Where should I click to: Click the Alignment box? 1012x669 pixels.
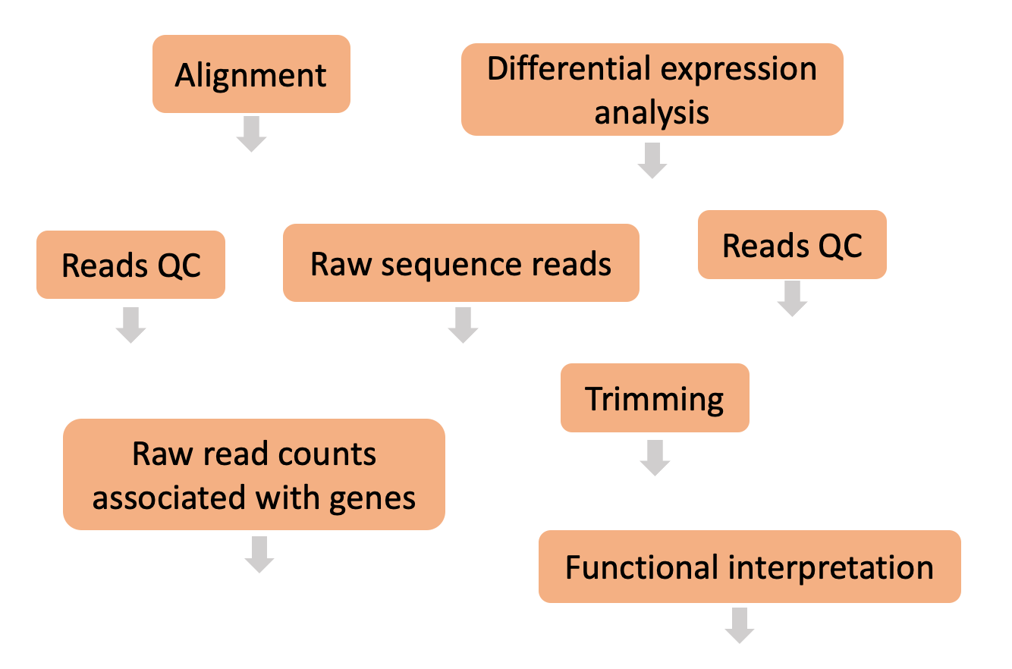pyautogui.click(x=251, y=74)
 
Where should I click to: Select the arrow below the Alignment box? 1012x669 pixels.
pyautogui.click(x=251, y=133)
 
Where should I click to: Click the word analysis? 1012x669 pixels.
pyautogui.click(x=652, y=112)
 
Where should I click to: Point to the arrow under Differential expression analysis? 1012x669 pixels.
pyautogui.click(x=652, y=160)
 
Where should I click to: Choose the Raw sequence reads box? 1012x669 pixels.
pyautogui.click(x=460, y=263)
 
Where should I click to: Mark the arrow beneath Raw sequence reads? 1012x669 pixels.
pyautogui.click(x=462, y=325)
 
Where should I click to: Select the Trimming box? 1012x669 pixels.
pyautogui.click(x=655, y=398)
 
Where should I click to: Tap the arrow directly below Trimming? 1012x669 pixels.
pyautogui.click(x=655, y=457)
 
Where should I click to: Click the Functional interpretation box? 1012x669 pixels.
pyautogui.click(x=750, y=567)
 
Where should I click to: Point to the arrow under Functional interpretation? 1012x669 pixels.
pyautogui.click(x=739, y=625)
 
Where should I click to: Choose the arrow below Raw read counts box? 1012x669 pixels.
pyautogui.click(x=259, y=554)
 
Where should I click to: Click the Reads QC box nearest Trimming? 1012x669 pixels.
pyautogui.click(x=792, y=245)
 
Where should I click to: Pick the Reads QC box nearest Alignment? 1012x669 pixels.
pyautogui.click(x=130, y=265)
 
